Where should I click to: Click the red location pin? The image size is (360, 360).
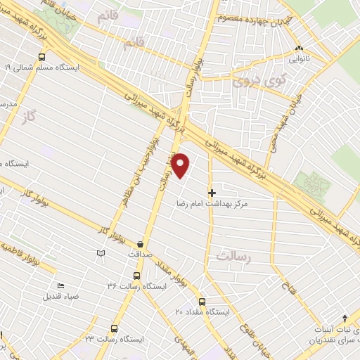[181, 165]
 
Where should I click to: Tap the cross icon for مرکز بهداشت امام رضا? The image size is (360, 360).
[212, 191]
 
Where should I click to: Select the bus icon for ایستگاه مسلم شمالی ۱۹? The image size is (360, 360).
[43, 58]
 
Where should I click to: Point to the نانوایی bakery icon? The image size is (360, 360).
[298, 49]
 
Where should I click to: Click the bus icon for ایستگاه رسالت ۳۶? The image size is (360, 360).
[136, 276]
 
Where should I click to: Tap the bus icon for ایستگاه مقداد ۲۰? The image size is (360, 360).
[202, 302]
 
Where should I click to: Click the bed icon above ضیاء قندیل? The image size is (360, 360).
[60, 285]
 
